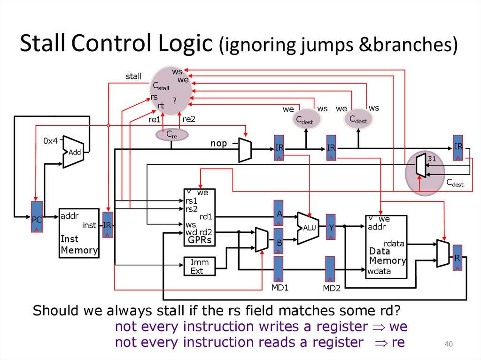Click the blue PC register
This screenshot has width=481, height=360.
pyautogui.click(x=37, y=217)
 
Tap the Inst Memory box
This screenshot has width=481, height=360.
pyautogui.click(x=78, y=233)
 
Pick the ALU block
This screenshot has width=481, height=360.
pyautogui.click(x=308, y=228)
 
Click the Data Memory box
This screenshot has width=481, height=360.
pyautogui.click(x=386, y=246)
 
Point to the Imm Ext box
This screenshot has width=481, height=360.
pyautogui.click(x=199, y=266)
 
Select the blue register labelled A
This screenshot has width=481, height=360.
pyautogui.click(x=279, y=213)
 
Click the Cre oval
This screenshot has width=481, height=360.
pyautogui.click(x=171, y=135)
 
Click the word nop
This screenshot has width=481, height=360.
pyautogui.click(x=218, y=143)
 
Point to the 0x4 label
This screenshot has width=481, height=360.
pyautogui.click(x=50, y=141)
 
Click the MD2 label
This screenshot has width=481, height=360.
pyautogui.click(x=331, y=288)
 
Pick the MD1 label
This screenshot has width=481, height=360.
pyautogui.click(x=279, y=287)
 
